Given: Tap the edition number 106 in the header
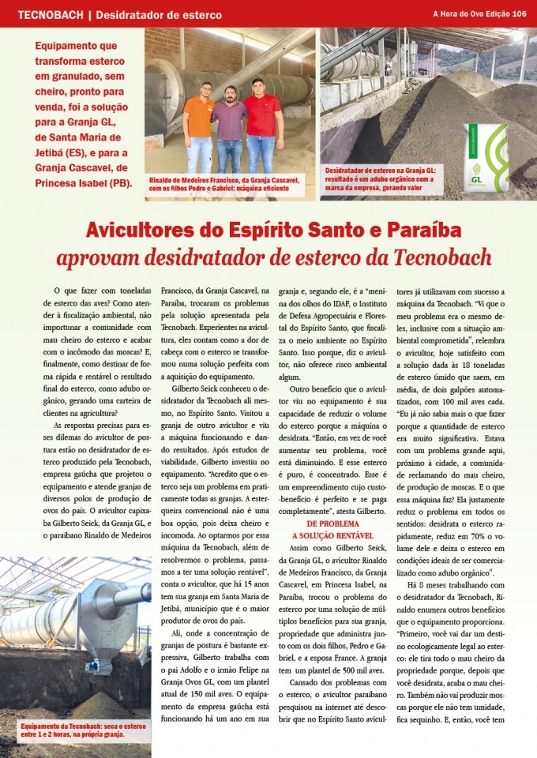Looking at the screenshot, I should point(519,13).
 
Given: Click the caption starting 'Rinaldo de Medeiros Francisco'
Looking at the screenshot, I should point(223,184).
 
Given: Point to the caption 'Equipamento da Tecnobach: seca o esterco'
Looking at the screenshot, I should point(73,729).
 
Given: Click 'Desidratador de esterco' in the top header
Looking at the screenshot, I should point(160,14).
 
